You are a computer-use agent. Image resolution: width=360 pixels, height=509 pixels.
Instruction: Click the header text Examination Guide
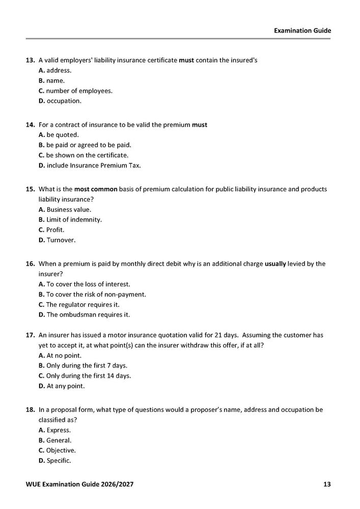(x=302, y=31)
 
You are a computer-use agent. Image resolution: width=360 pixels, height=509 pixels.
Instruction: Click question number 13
(x=30, y=60)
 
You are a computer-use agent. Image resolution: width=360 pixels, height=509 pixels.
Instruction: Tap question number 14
(x=30, y=125)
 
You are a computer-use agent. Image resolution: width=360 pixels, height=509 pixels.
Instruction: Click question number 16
(x=30, y=264)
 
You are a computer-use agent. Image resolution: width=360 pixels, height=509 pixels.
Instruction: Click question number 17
(x=30, y=335)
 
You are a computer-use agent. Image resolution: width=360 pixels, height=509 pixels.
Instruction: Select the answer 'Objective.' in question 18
(x=61, y=450)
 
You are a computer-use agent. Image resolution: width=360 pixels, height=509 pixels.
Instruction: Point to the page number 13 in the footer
(x=327, y=484)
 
